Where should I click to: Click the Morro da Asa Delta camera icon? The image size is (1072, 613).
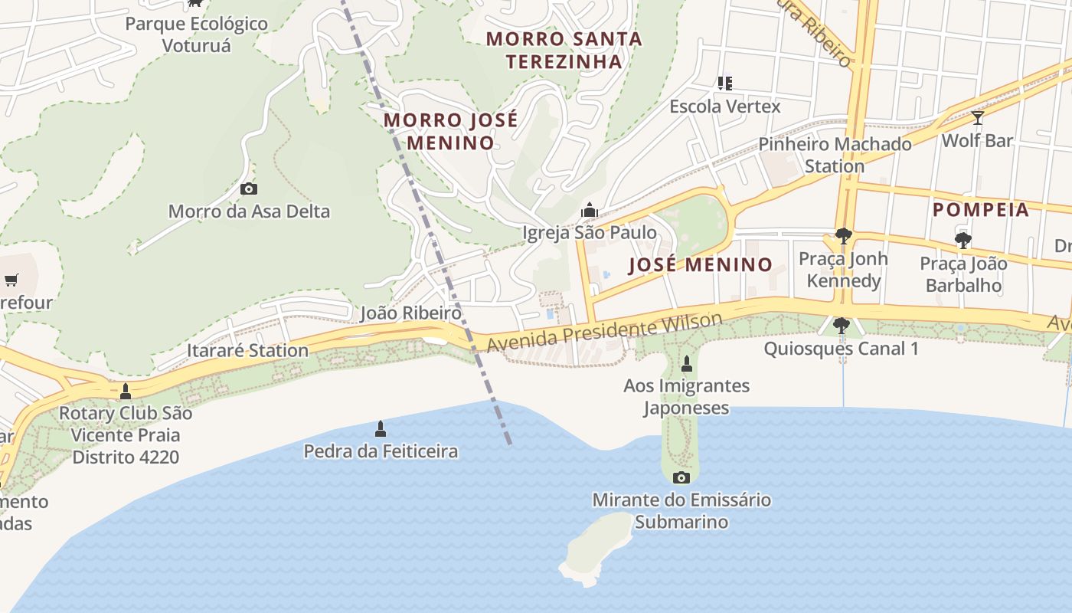(x=249, y=188)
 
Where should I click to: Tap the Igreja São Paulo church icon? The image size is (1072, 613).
(x=589, y=209)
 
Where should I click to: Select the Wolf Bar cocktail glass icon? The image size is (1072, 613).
(x=977, y=118)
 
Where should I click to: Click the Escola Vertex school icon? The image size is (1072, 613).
(x=724, y=83)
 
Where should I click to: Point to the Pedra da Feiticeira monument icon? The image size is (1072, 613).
(x=381, y=428)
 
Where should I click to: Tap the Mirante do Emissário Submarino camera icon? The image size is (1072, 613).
(x=681, y=478)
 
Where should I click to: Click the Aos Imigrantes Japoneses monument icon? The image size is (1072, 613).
(x=687, y=363)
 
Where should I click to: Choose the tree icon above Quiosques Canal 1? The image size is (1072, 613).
(x=842, y=326)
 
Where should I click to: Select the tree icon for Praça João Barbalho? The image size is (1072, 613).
(x=963, y=241)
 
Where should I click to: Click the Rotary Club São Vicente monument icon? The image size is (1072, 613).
(x=126, y=392)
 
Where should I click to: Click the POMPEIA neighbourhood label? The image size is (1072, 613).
(x=981, y=210)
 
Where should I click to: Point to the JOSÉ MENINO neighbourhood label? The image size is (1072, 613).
(x=701, y=265)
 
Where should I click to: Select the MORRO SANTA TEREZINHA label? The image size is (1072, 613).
(x=564, y=50)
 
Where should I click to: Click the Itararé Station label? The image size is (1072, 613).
(x=247, y=351)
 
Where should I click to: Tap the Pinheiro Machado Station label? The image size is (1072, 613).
(x=835, y=155)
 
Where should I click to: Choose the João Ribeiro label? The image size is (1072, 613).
(x=411, y=313)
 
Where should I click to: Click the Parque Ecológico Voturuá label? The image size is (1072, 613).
(x=197, y=34)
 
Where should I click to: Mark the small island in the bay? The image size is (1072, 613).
(x=597, y=545)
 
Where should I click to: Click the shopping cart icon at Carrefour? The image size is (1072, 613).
(x=11, y=280)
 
